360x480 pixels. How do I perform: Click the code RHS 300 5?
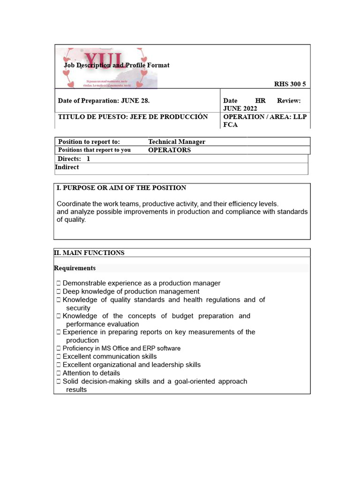290,84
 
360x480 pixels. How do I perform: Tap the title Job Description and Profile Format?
117,65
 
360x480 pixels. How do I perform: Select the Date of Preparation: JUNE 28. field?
104,100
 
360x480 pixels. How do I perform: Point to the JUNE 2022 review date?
240,108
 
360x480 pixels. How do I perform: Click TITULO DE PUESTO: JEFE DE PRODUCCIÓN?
133,117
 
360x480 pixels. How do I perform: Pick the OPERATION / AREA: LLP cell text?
265,117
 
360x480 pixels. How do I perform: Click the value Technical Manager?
177,142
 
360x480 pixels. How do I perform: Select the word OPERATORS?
169,150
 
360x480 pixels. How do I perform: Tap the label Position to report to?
89,142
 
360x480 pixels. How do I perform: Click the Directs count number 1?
88,159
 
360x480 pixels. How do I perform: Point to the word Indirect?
67,167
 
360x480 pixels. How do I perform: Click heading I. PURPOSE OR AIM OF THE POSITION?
121,187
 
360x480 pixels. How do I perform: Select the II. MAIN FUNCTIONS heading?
89,253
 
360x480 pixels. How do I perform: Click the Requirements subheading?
75,268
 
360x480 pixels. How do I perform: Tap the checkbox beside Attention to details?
59,373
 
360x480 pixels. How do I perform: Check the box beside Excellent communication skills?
59,357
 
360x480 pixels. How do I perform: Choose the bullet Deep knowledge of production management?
131,291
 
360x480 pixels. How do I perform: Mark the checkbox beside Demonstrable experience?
59,283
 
